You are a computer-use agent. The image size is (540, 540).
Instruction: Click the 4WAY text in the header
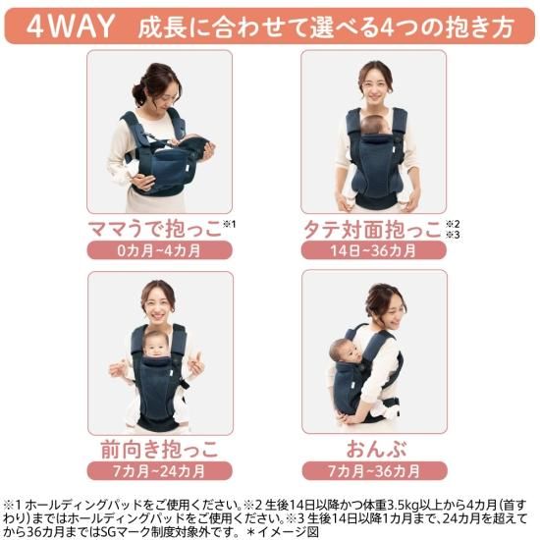[x=71, y=27]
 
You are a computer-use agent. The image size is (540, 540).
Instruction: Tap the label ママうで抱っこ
[x=154, y=229]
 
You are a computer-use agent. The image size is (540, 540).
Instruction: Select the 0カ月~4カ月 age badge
[x=159, y=250]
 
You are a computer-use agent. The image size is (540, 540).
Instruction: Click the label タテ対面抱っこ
[x=372, y=230]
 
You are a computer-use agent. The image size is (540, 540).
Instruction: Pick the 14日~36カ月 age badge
[x=374, y=250]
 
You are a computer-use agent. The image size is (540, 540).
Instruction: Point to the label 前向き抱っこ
[x=160, y=450]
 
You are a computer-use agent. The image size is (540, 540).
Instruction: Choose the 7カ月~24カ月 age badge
[x=159, y=470]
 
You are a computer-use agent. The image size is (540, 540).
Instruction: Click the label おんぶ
[x=376, y=449]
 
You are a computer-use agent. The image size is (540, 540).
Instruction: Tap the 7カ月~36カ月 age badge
[x=374, y=470]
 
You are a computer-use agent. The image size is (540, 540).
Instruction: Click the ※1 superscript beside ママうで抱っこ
[x=230, y=224]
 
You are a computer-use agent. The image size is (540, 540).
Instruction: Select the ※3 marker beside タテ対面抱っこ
[x=453, y=235]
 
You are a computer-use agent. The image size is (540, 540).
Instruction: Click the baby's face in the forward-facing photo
[x=156, y=347]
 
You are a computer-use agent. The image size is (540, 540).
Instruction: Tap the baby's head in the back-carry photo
[x=343, y=351]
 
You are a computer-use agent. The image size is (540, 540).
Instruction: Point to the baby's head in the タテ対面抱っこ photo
[x=374, y=126]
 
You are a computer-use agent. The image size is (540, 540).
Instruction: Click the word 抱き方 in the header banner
[x=479, y=27]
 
